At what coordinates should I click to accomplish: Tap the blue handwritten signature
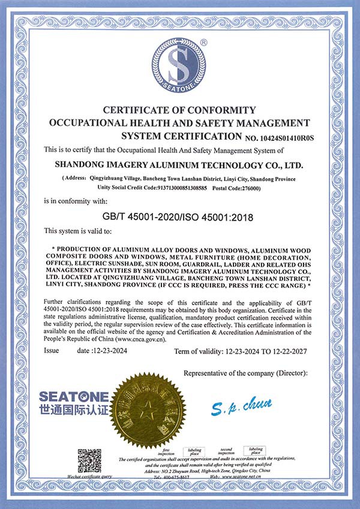click(x=242, y=408)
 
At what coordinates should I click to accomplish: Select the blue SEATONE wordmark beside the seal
click(x=74, y=397)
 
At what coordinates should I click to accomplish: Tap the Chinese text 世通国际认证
click(x=74, y=411)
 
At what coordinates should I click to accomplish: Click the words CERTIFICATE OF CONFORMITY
click(x=179, y=110)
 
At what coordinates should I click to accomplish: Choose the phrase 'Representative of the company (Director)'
click(x=245, y=373)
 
